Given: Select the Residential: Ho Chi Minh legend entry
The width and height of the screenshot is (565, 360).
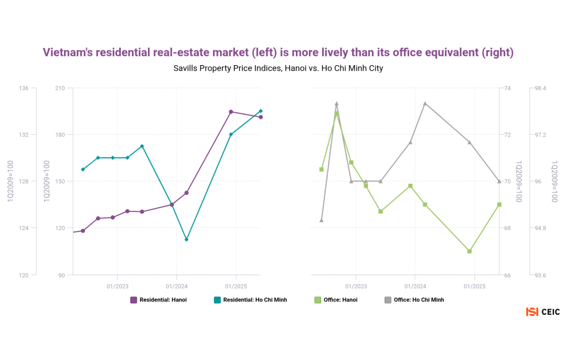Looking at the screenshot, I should [x=250, y=300].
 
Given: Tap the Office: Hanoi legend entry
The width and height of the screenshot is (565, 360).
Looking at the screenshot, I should [x=335, y=300].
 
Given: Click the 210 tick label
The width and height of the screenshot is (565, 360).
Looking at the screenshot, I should [x=60, y=88].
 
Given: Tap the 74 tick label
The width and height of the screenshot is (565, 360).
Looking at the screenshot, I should [x=508, y=88].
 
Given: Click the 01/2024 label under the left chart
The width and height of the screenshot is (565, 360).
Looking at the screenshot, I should [x=177, y=286].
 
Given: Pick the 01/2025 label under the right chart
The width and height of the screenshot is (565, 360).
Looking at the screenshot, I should [x=475, y=286].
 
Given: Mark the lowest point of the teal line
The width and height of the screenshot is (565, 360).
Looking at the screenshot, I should [x=186, y=240].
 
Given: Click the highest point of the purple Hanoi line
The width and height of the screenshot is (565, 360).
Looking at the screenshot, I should [x=231, y=112].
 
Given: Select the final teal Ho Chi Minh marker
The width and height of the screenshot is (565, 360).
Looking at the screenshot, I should [x=260, y=111].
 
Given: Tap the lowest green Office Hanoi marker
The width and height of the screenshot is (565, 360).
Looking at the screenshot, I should [x=470, y=251].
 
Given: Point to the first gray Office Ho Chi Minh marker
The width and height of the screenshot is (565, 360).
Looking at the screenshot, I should [x=321, y=220].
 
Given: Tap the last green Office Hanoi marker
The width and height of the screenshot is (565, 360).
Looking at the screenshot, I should [x=499, y=205].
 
